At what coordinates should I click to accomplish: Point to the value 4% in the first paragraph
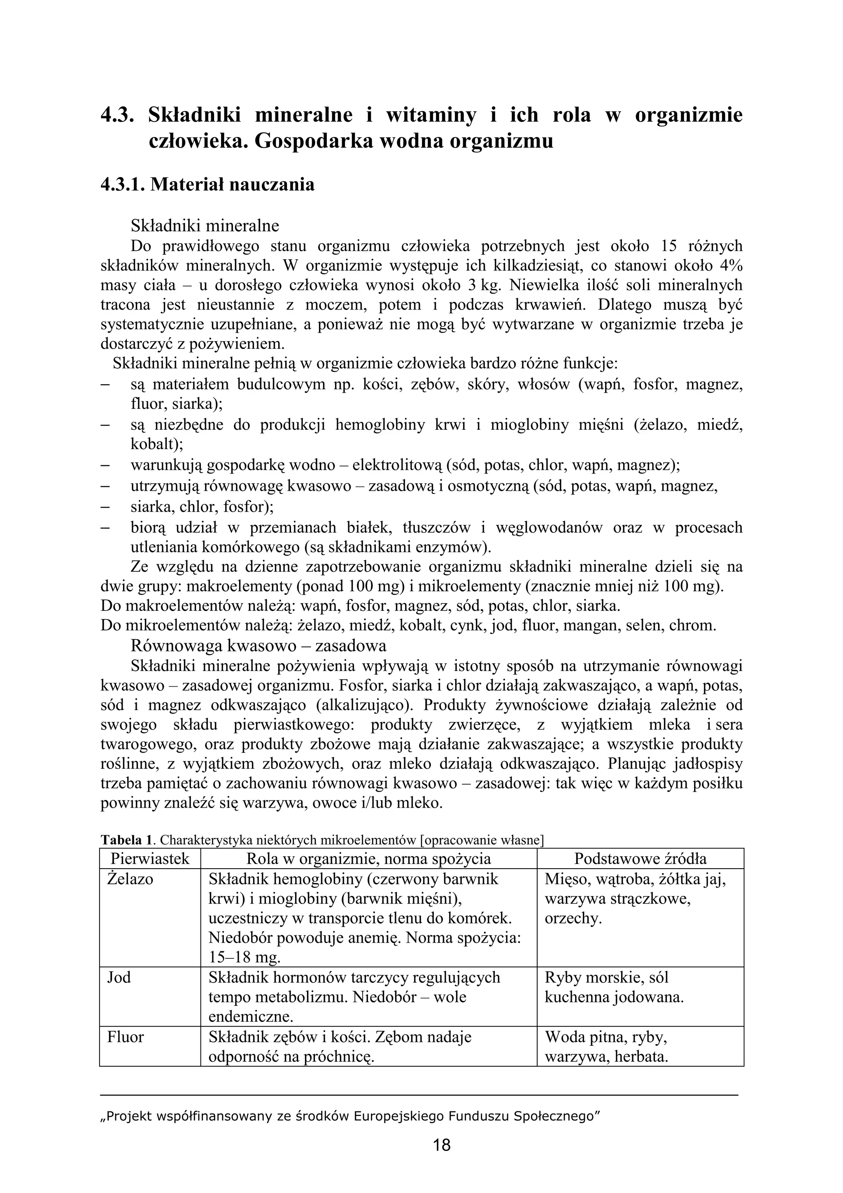coord(730,266)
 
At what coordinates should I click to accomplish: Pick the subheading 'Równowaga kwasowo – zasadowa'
coord(258,646)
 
